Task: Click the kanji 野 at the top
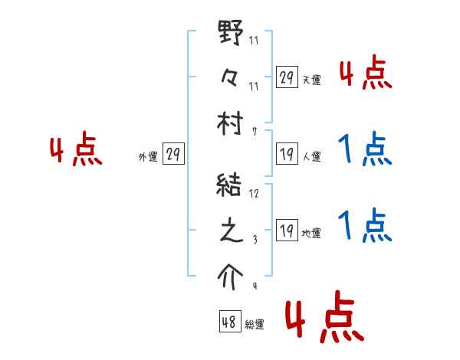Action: tap(232, 34)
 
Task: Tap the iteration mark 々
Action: tap(232, 78)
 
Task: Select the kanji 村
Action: tap(232, 123)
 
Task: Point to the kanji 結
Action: tap(232, 186)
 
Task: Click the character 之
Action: tap(232, 231)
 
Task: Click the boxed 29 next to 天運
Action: tap(287, 77)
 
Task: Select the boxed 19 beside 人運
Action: tap(287, 155)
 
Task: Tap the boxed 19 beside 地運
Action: tap(287, 231)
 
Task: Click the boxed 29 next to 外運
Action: tap(172, 155)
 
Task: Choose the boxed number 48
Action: tap(229, 322)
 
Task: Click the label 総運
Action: tap(255, 325)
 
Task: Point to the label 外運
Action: tap(148, 157)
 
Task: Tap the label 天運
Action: tap(311, 80)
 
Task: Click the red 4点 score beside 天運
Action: tap(365, 74)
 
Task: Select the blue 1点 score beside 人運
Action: tap(365, 149)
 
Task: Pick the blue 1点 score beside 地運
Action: tap(365, 225)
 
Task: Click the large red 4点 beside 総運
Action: tap(325, 319)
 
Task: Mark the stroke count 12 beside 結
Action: tap(254, 193)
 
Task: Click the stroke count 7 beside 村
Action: tap(254, 131)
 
